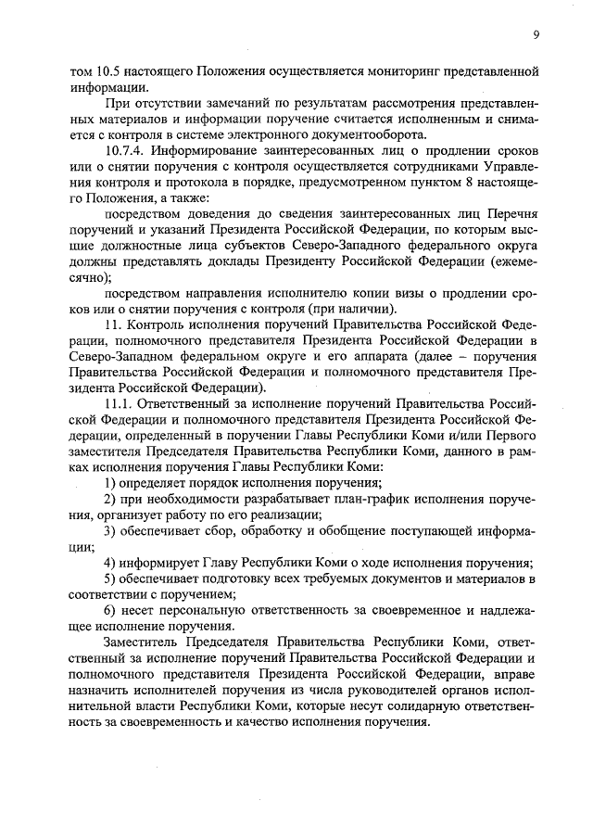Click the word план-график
click(x=360, y=500)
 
